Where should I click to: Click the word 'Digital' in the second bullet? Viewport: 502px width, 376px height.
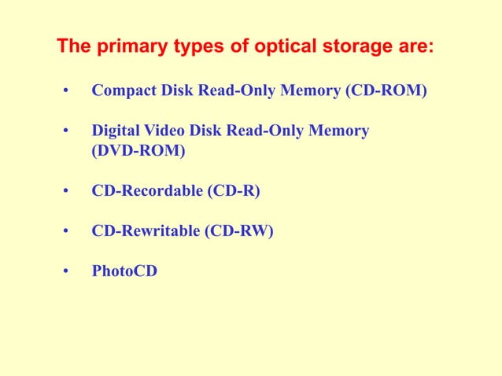click(115, 131)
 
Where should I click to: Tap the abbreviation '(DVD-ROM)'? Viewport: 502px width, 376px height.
click(139, 151)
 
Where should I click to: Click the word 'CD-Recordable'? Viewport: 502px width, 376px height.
click(147, 190)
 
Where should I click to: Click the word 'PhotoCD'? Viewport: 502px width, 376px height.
click(124, 271)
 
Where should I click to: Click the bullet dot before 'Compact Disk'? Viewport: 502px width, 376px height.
click(68, 92)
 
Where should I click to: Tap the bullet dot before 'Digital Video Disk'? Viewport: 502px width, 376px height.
click(68, 131)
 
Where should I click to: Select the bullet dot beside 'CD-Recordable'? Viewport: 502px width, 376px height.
click(68, 191)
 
